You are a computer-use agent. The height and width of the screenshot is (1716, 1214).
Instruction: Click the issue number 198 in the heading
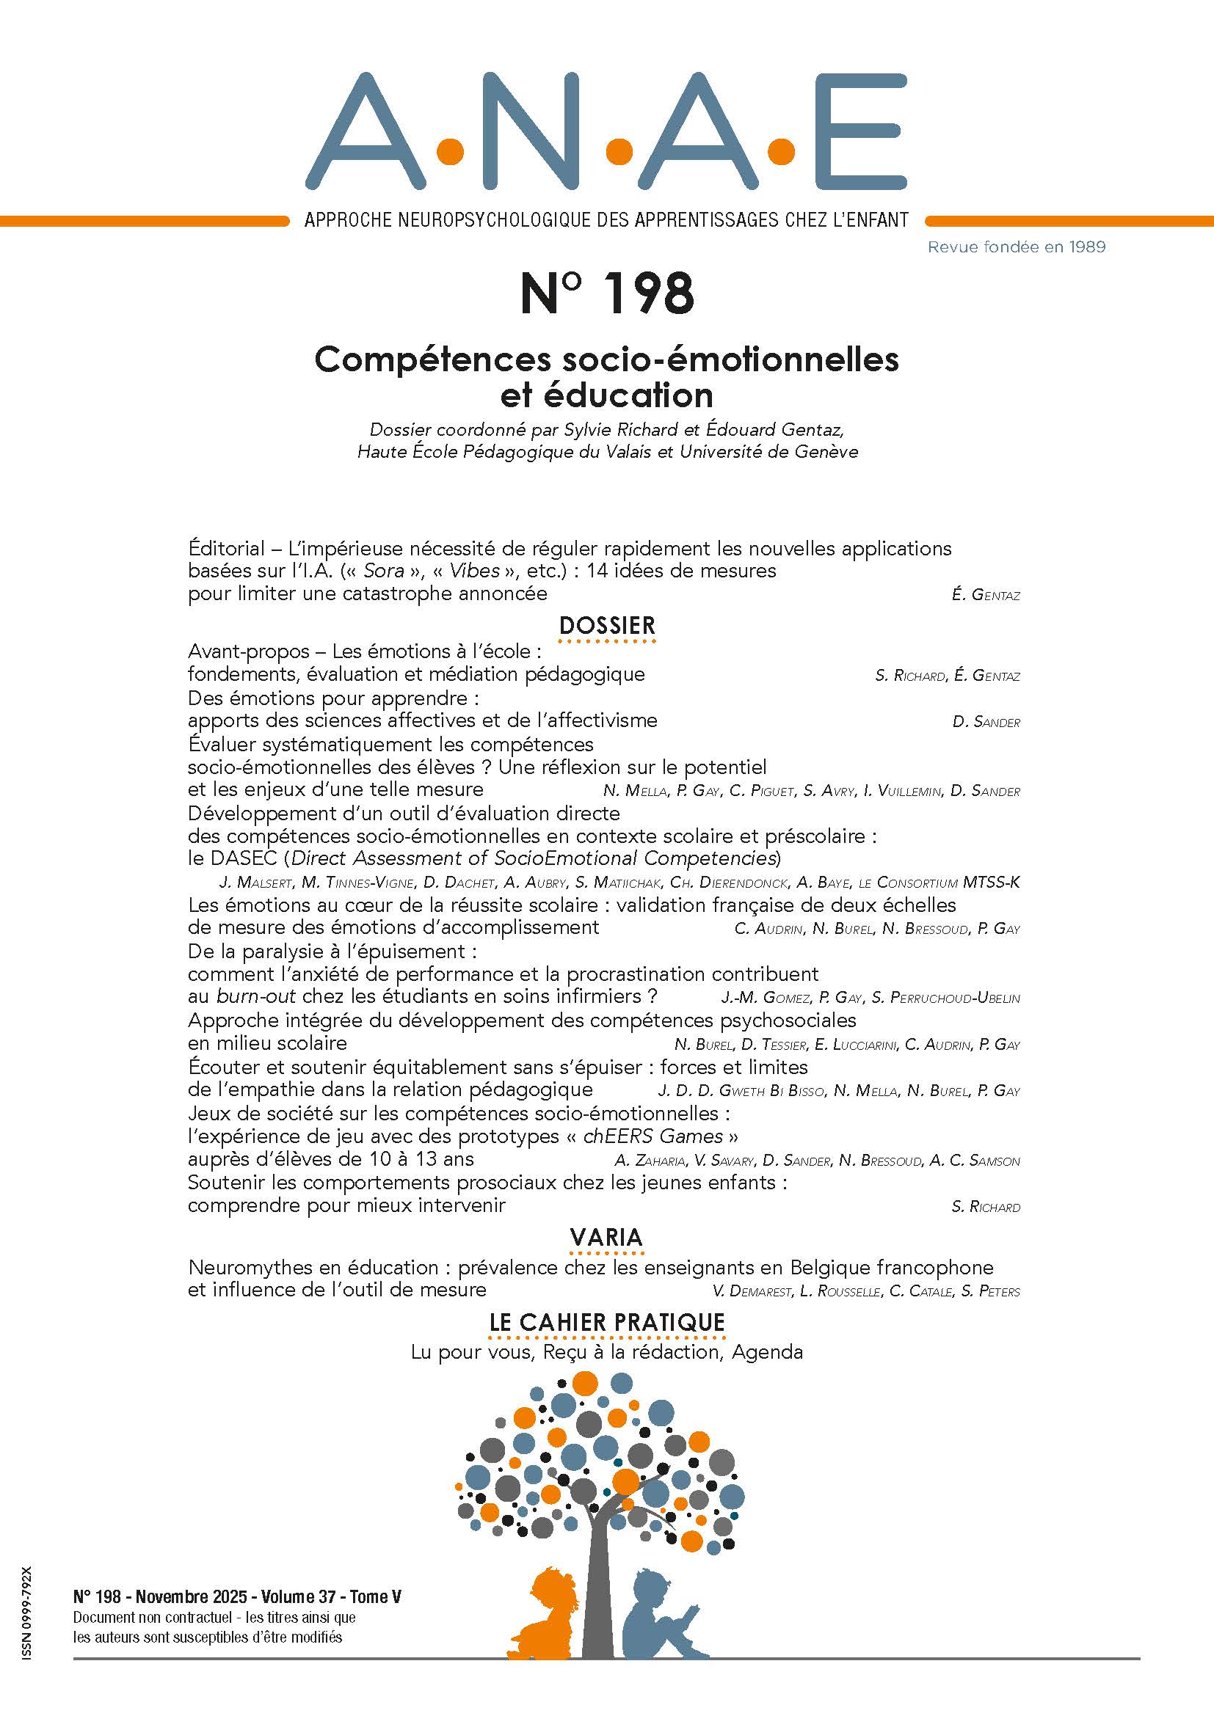point(648,293)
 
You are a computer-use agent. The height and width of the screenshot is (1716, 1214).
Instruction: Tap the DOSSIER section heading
point(606,625)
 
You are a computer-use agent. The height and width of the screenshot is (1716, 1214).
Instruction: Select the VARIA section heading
point(606,1237)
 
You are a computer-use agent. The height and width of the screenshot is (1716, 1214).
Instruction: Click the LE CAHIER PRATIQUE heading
point(606,1322)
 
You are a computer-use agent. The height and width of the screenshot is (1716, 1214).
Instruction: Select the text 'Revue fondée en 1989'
point(1016,247)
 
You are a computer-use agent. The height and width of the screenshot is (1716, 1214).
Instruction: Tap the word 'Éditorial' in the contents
point(227,549)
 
